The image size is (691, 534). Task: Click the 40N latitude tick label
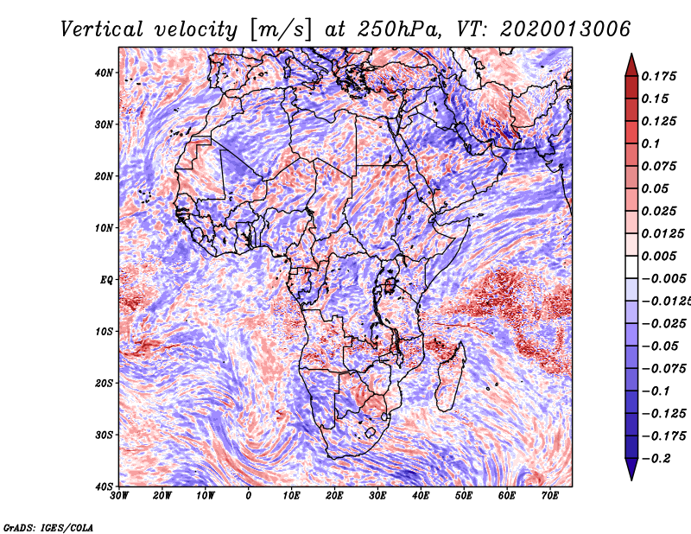pyautogui.click(x=104, y=73)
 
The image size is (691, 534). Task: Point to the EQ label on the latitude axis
pyautogui.click(x=106, y=280)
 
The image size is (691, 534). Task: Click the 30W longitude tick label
pyautogui.click(x=119, y=496)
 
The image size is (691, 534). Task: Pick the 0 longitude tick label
pyautogui.click(x=249, y=496)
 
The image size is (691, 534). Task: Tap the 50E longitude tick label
pyautogui.click(x=464, y=496)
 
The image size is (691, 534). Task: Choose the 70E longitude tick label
pyautogui.click(x=549, y=496)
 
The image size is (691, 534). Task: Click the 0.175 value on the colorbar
pyautogui.click(x=658, y=77)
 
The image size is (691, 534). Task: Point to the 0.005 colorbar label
pyautogui.click(x=658, y=256)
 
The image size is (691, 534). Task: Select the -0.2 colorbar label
pyautogui.click(x=656, y=459)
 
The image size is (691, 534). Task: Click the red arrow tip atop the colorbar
pyautogui.click(x=631, y=54)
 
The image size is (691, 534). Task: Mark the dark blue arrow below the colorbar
pyautogui.click(x=631, y=469)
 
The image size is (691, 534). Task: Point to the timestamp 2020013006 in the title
pyautogui.click(x=566, y=29)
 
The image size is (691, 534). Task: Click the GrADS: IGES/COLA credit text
pyautogui.click(x=48, y=527)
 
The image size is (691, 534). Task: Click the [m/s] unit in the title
pyautogui.click(x=282, y=29)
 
